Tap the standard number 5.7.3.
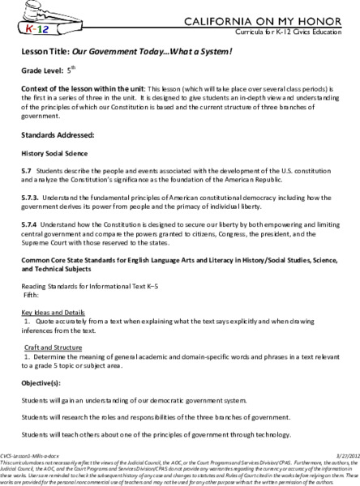(29, 200)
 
